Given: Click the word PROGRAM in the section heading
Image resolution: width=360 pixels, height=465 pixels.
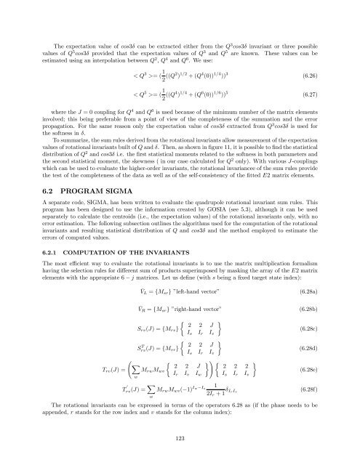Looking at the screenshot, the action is tap(86, 205).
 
